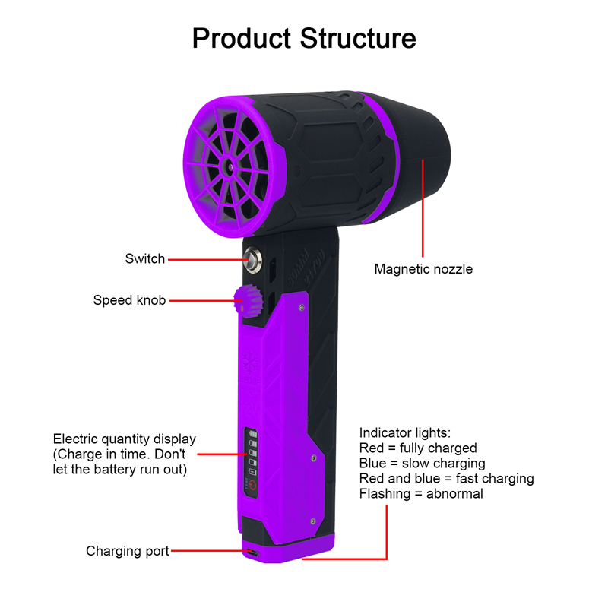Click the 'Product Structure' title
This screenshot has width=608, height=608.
304,39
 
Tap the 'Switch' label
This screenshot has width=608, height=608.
145,258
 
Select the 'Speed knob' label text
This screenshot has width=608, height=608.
129,300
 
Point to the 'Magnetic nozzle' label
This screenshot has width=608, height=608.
423,269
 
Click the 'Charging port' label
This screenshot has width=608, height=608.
128,551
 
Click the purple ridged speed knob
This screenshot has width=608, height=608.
249,301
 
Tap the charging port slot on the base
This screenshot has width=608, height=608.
253,552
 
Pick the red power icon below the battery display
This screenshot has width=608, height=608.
252,486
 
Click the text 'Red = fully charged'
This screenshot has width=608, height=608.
418,448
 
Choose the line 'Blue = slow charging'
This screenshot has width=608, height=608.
423,464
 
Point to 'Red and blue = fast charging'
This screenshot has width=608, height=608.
447,479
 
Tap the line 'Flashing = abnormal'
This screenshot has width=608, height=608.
421,493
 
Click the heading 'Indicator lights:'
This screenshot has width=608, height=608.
405,432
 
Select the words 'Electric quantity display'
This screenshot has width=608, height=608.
125,439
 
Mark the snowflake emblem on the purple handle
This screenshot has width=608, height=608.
250,362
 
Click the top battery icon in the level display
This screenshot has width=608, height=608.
252,434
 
